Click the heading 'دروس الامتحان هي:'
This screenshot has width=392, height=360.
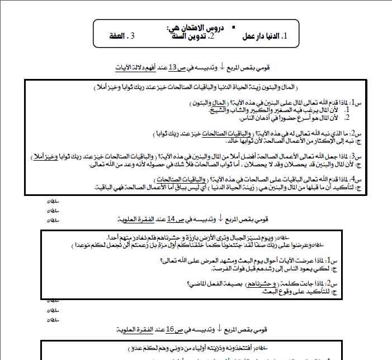click(191, 27)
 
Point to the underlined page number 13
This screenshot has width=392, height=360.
click(173, 67)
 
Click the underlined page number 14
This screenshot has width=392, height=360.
click(171, 218)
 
